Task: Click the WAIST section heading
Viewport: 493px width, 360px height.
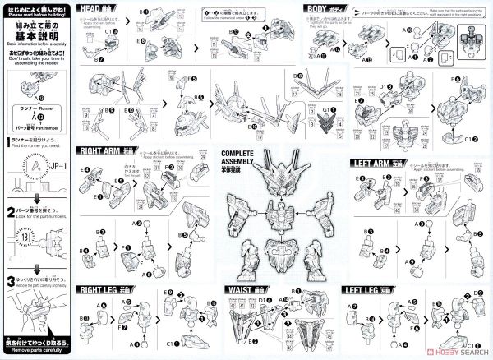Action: click(244, 289)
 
